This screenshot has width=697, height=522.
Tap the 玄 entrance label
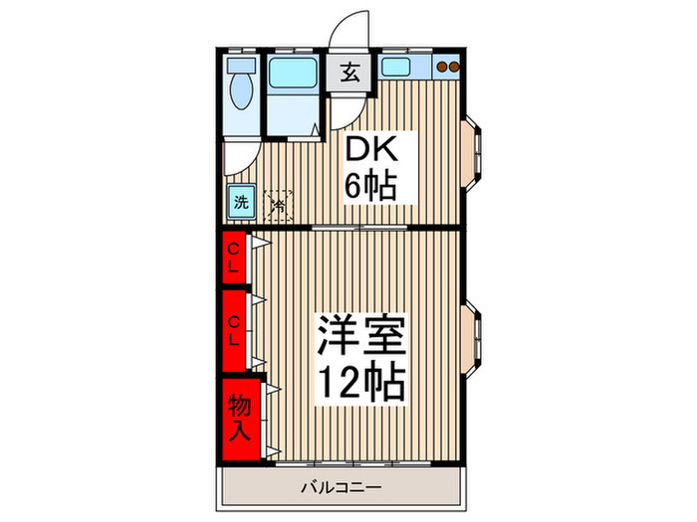tap(349, 73)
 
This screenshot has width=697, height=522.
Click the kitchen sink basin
tap(402, 69)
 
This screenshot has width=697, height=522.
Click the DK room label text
tap(371, 150)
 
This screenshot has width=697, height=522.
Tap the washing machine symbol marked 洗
tap(241, 203)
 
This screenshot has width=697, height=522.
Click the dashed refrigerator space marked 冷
tap(279, 205)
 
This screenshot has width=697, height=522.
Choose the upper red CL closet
tap(233, 258)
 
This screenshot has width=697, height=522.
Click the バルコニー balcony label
tap(342, 487)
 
